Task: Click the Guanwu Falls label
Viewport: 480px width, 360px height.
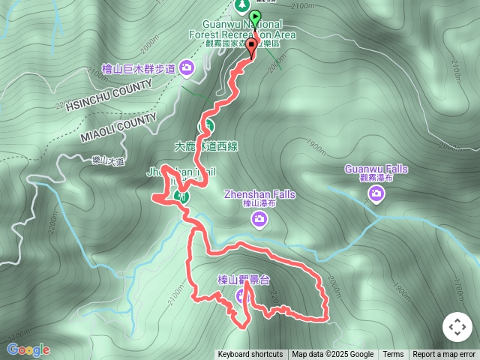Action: point(377,169)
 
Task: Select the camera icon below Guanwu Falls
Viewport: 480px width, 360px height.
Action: point(376,195)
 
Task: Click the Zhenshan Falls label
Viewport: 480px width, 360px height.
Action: point(259,195)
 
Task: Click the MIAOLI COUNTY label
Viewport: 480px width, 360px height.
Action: point(118,128)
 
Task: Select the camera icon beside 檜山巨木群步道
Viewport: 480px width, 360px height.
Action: point(187,69)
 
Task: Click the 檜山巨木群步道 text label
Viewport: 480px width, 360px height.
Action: point(138,69)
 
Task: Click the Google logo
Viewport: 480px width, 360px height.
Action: point(28,349)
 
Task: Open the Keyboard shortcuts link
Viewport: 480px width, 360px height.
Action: point(250,355)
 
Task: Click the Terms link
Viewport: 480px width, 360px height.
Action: point(393,355)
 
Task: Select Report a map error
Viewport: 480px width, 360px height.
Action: point(444,355)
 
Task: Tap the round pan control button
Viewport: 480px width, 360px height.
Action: point(457,327)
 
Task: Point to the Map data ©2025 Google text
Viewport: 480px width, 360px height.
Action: point(333,355)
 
